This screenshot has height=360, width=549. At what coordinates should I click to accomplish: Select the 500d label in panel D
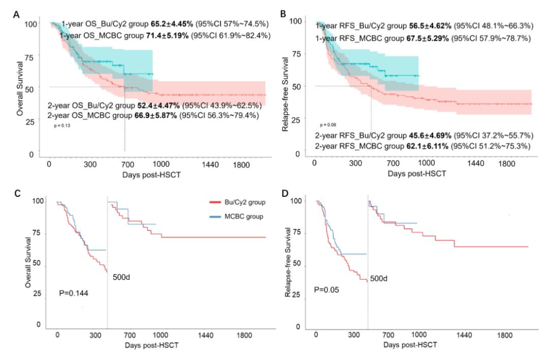379,279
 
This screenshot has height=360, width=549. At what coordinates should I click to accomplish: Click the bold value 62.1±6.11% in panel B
422,146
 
